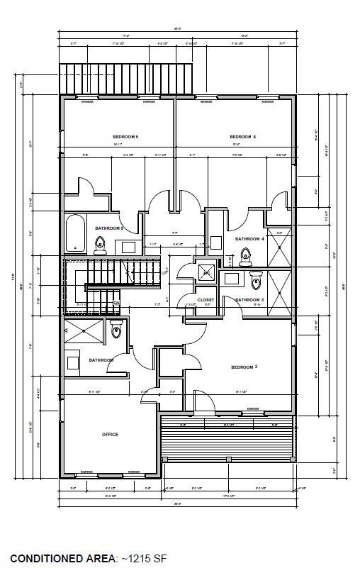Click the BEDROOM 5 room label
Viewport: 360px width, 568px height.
[x=125, y=136]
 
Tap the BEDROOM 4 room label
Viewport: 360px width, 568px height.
[x=242, y=136]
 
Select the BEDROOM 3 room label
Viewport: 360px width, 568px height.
[x=244, y=367]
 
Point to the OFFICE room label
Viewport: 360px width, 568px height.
[x=109, y=434]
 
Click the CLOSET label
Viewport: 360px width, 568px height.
[x=206, y=300]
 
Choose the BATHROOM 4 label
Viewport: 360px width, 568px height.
[x=249, y=239]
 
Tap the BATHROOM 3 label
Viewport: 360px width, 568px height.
[x=249, y=300]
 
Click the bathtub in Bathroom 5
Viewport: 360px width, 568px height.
[x=74, y=235]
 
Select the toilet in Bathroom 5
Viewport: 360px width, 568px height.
[x=100, y=245]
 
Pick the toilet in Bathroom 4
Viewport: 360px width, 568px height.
[x=246, y=256]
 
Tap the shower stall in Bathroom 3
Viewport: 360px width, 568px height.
[x=279, y=291]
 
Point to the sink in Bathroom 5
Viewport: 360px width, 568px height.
[x=126, y=247]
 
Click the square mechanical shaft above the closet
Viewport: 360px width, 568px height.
[x=207, y=273]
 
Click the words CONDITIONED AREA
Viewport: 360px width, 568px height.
[x=62, y=559]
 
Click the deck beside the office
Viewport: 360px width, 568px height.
[x=227, y=440]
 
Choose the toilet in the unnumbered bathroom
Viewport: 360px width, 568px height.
[x=117, y=329]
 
